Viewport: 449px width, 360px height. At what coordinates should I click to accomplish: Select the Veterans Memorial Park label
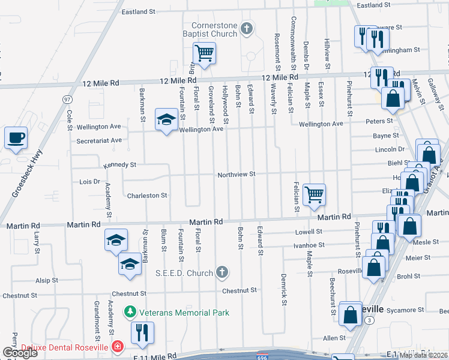176,313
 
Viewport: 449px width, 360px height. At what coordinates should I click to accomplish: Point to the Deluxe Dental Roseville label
64,347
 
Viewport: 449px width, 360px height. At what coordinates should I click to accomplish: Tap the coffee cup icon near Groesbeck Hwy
16,137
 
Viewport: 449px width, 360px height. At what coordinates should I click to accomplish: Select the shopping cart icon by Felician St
314,195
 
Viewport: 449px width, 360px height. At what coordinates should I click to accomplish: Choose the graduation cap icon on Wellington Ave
166,119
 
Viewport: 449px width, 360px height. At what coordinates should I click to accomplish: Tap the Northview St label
237,174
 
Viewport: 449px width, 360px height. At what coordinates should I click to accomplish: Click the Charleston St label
146,196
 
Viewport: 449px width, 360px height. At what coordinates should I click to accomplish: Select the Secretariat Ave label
99,140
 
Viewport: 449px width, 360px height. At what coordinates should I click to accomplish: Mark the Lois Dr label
89,181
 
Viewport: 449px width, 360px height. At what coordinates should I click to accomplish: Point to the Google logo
20,353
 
